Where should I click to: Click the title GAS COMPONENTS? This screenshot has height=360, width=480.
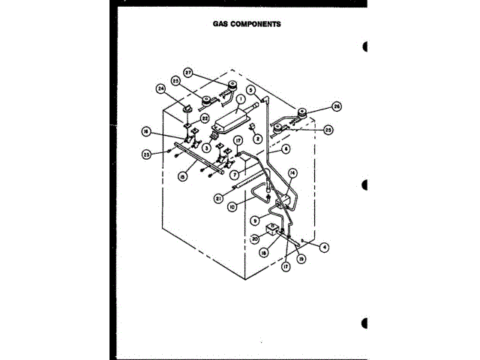click(x=246, y=23)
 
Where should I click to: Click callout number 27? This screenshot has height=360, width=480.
click(x=189, y=74)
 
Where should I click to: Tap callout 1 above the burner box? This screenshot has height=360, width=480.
click(x=241, y=97)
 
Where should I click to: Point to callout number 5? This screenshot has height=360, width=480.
click(x=253, y=91)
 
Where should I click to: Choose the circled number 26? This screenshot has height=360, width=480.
click(x=336, y=107)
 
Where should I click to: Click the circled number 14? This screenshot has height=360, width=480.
click(x=292, y=173)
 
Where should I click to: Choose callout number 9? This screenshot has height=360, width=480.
click(x=255, y=220)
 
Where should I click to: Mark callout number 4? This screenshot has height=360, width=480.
click(x=325, y=246)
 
